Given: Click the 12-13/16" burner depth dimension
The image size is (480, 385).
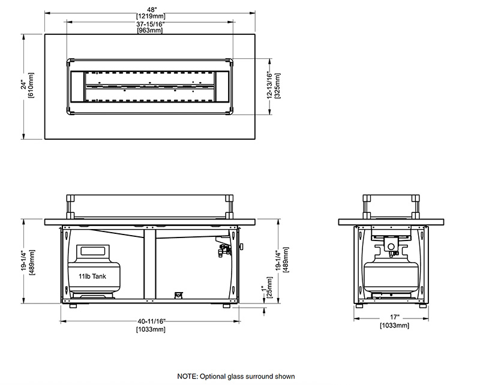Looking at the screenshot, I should click(271, 86).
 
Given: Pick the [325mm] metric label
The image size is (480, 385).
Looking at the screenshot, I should click(278, 86).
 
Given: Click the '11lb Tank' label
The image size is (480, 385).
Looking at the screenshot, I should click(91, 276).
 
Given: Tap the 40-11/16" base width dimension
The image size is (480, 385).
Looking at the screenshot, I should click(151, 322).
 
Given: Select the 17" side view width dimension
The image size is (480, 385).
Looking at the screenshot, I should click(394, 318).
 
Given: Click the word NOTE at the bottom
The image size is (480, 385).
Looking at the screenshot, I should click(187, 376).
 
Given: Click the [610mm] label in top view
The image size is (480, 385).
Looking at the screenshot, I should click(31, 86).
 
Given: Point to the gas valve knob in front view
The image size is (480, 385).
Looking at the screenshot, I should click(241, 246).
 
